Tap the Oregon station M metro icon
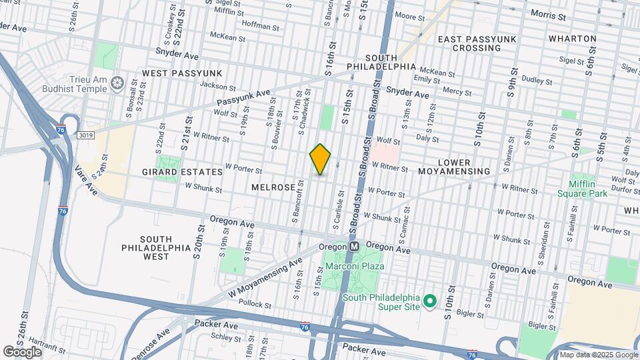tap(355, 246)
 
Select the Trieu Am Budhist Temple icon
tap(117, 83)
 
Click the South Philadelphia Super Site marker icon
tap(430, 301)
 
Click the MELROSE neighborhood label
tap(273, 188)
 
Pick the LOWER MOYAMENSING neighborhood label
tap(463, 167)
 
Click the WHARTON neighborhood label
tap(572, 39)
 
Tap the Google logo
tap(22, 351)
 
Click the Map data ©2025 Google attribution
tap(598, 355)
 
